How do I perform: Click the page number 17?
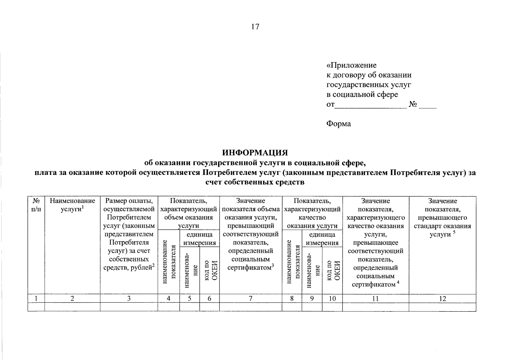pyautogui.click(x=255, y=27)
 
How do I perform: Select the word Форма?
pyautogui.click(x=338, y=124)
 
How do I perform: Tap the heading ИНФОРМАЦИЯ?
pyautogui.click(x=255, y=153)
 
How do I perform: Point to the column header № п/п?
pyautogui.click(x=36, y=205)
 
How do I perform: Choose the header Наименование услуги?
pyautogui.click(x=72, y=205)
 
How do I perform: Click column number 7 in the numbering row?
pyautogui.click(x=251, y=298)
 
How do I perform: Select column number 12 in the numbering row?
pyautogui.click(x=442, y=298)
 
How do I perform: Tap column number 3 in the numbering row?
pyautogui.click(x=129, y=298)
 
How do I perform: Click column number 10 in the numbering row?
pyautogui.click(x=332, y=298)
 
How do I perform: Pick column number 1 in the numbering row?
pyautogui.click(x=36, y=298)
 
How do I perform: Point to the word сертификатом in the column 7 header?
pyautogui.click(x=249, y=268)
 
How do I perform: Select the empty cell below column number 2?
pyautogui.click(x=72, y=307)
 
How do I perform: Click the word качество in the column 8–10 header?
pyautogui.click(x=312, y=217)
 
